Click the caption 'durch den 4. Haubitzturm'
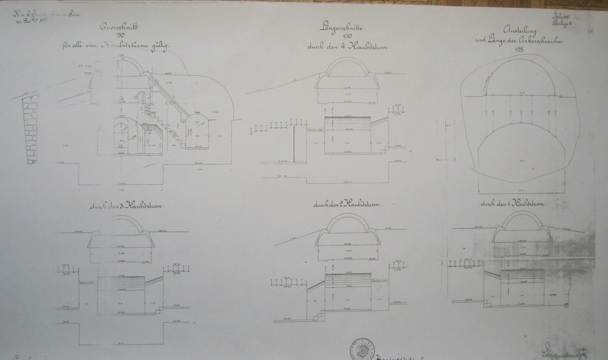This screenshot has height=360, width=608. (351, 46)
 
